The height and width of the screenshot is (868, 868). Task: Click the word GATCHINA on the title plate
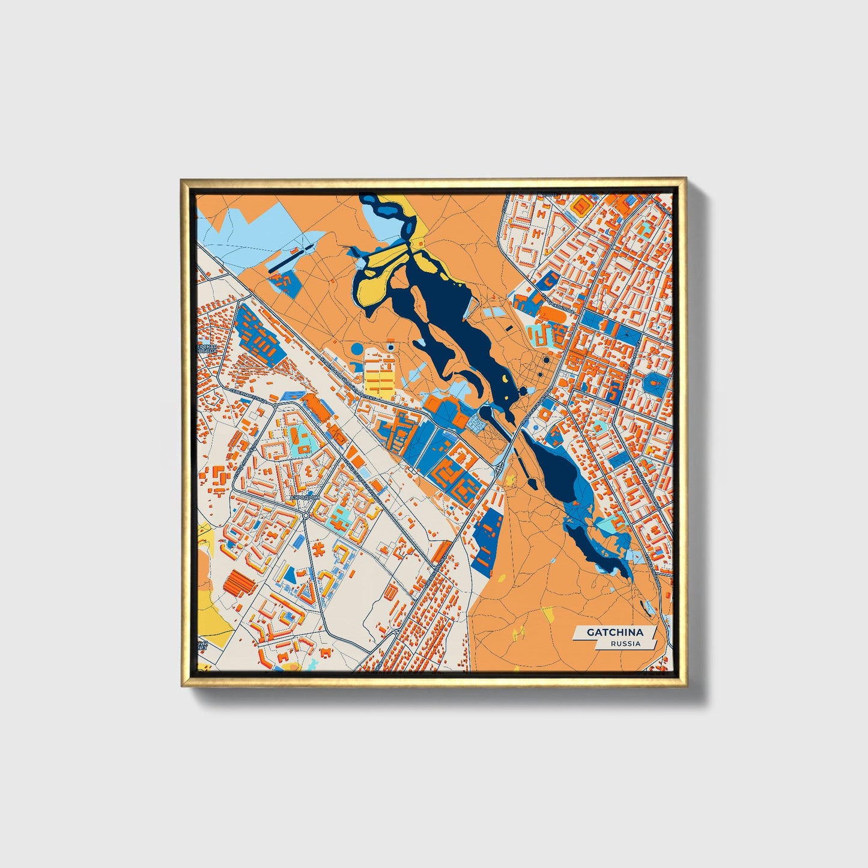pyautogui.click(x=615, y=632)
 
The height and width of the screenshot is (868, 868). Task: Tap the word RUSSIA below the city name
pyautogui.click(x=625, y=643)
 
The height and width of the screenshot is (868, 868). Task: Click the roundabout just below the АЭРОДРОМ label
pyautogui.click(x=306, y=516)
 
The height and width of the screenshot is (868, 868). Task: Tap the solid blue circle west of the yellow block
pyautogui.click(x=357, y=348)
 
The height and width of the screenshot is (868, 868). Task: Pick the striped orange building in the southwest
pyautogui.click(x=239, y=582)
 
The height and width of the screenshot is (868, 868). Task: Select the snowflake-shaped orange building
pyautogui.click(x=319, y=548)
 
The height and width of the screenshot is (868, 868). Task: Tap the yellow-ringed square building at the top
pyautogui.click(x=581, y=207)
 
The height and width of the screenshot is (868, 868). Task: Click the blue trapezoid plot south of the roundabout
pyautogui.click(x=289, y=575)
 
